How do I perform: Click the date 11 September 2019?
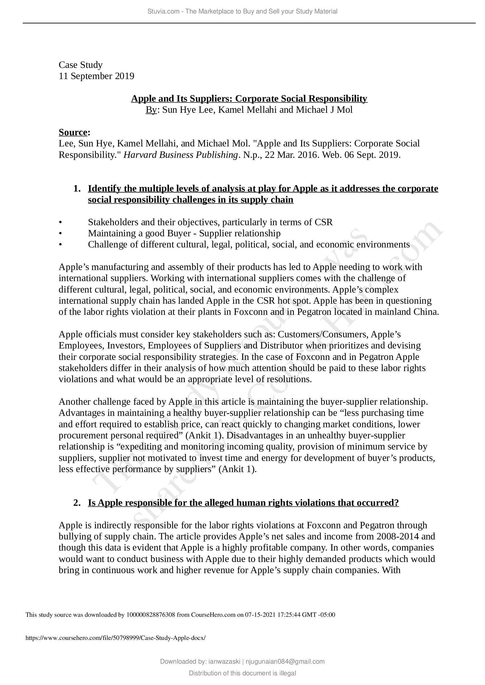click(96, 76)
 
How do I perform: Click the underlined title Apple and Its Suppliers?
click(249, 98)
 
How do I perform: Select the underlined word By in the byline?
click(151, 110)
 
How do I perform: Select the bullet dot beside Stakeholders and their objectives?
click(60, 222)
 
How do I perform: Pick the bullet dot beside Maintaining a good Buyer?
click(60, 233)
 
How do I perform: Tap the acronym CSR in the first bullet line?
click(323, 222)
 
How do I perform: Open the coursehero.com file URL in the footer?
click(116, 638)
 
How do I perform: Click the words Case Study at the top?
click(81, 65)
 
